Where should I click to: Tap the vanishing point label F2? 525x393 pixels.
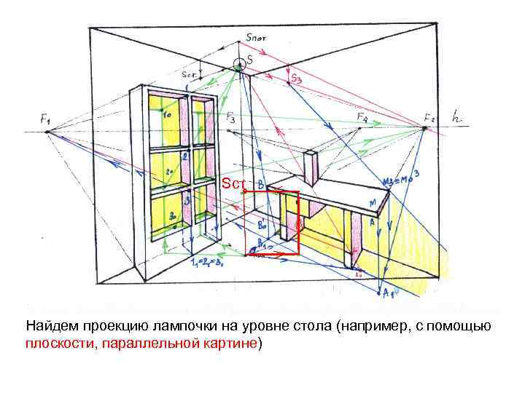[x=429, y=116]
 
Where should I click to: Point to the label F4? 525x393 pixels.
[x=362, y=117]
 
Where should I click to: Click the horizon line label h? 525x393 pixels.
[x=457, y=116]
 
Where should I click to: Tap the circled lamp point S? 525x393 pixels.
[x=239, y=64]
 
